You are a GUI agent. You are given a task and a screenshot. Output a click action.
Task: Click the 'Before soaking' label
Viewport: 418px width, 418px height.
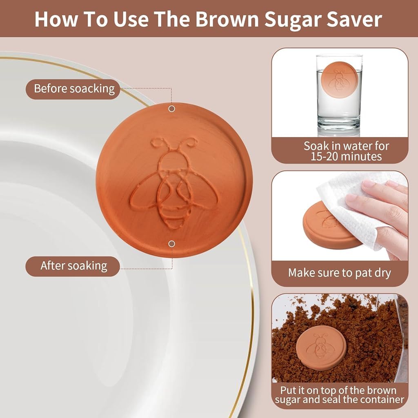point(73,89)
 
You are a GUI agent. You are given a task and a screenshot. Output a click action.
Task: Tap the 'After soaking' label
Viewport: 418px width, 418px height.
point(73,266)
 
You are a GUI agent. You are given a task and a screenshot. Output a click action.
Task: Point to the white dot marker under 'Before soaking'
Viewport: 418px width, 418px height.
point(172,109)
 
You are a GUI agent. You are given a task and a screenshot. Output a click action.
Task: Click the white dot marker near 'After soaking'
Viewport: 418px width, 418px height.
point(172,244)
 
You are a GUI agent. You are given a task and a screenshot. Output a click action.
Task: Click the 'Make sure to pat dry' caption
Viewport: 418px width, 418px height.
point(340,273)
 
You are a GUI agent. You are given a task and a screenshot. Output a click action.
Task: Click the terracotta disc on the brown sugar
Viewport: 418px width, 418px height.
point(321,351)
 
